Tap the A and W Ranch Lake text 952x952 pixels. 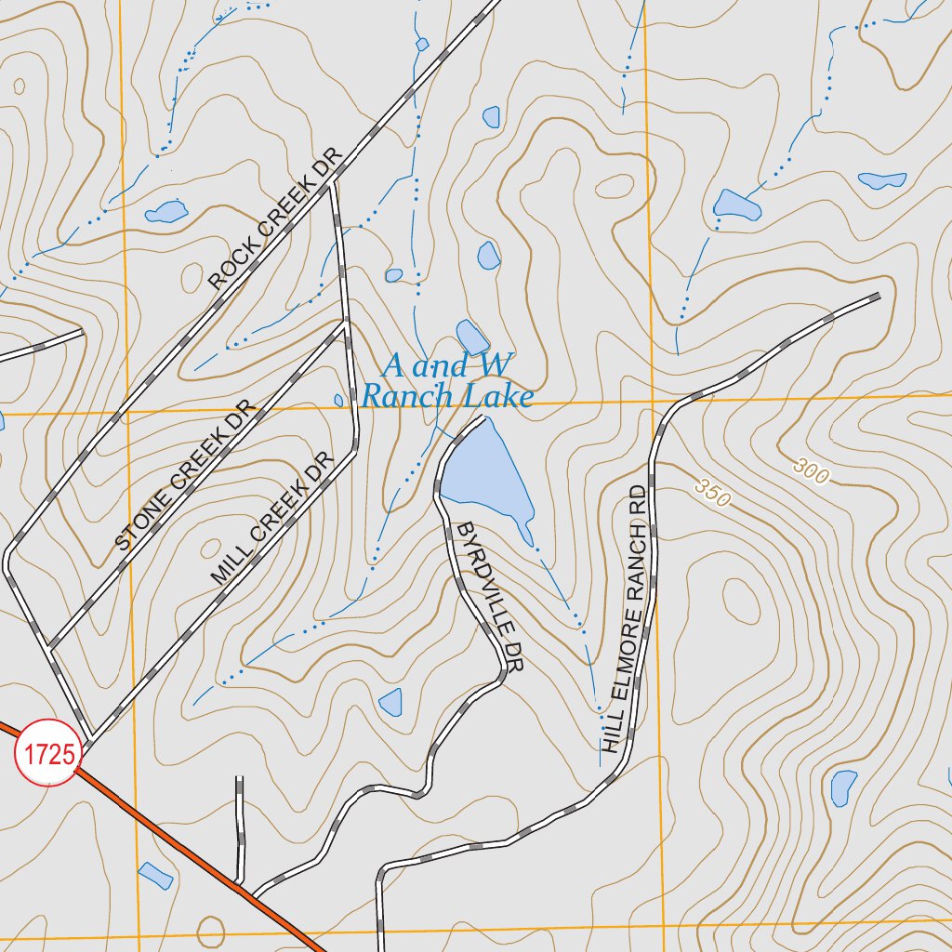point(447,381)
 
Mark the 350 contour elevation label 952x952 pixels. point(713,492)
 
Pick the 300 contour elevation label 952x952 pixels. point(811,473)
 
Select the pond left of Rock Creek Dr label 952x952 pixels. point(166,212)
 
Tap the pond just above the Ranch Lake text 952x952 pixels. point(471,337)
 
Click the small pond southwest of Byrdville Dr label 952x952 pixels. point(391,702)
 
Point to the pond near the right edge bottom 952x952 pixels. point(843,787)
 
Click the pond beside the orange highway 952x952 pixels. point(155,875)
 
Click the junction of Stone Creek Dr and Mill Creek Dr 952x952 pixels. point(346,326)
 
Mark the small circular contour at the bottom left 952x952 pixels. point(211,931)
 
